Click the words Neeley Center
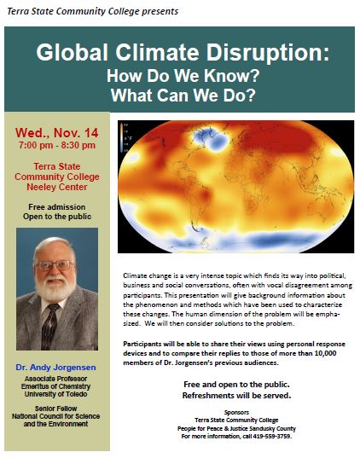click(x=58, y=186)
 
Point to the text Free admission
click(x=58, y=206)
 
